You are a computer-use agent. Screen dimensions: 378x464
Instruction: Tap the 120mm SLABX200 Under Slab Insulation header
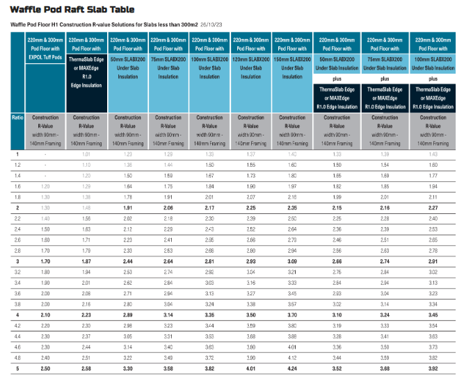(x=251, y=58)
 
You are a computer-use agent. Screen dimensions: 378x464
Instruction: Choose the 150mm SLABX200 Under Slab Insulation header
(x=292, y=58)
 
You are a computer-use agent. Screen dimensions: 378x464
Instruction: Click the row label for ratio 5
(x=17, y=368)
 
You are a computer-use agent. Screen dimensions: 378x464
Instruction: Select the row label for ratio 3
(x=17, y=260)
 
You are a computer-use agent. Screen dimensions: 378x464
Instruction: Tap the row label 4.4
(x=17, y=336)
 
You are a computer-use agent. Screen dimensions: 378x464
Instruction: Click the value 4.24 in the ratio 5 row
(x=292, y=368)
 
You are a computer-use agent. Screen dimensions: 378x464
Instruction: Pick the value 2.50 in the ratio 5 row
(x=45, y=368)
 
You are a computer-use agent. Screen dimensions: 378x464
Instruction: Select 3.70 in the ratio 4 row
(x=292, y=314)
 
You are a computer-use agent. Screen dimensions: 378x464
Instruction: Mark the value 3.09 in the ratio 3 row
(x=292, y=260)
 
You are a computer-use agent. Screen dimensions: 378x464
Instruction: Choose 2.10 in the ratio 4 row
(x=45, y=314)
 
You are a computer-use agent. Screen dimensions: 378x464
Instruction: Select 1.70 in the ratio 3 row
(x=45, y=260)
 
